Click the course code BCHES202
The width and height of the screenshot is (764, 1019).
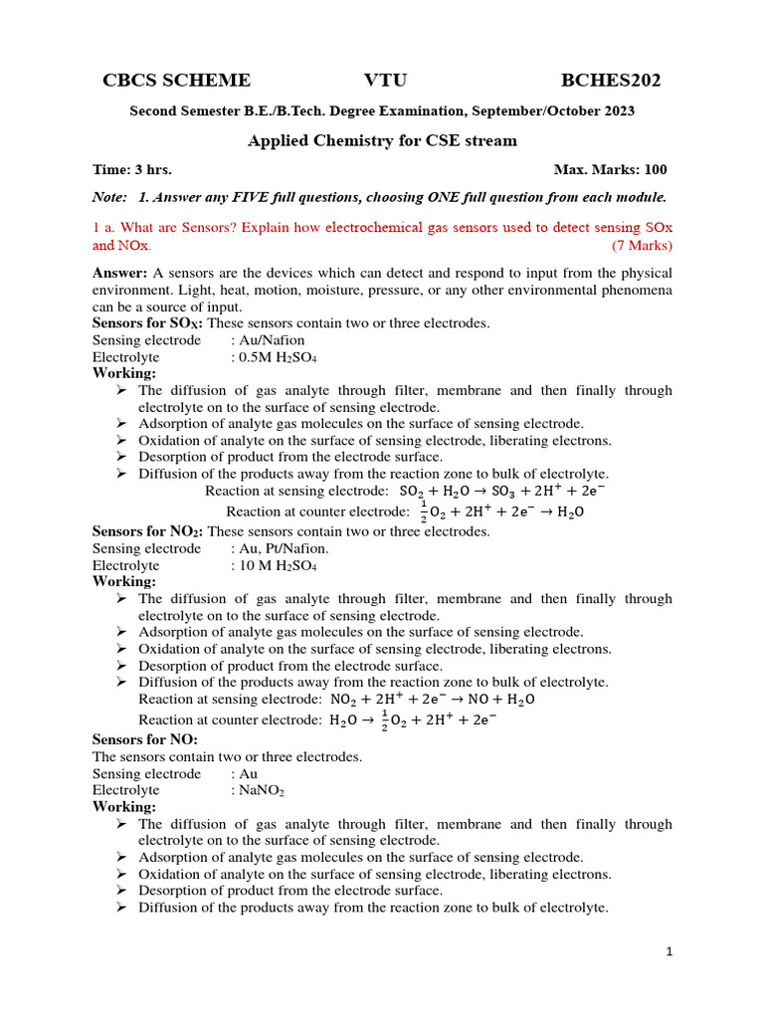(x=611, y=81)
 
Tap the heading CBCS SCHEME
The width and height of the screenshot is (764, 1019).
(x=177, y=81)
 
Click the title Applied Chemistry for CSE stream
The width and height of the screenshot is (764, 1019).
(x=382, y=140)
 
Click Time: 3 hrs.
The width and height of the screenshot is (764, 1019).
(x=132, y=170)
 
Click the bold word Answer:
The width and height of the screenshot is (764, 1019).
(x=120, y=273)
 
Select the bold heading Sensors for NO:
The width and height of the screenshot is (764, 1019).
(x=145, y=739)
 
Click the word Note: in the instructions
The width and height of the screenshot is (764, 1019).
(x=109, y=197)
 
